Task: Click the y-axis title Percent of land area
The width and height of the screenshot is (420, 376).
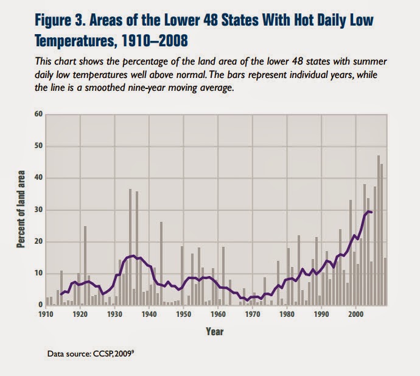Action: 20,210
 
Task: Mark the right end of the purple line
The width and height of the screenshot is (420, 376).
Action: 371,212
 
